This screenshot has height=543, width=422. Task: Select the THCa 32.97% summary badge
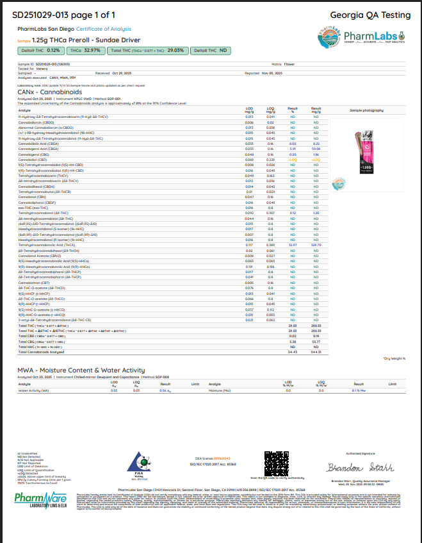(x=85, y=50)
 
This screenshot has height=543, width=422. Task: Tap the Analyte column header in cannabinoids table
(x=24, y=111)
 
